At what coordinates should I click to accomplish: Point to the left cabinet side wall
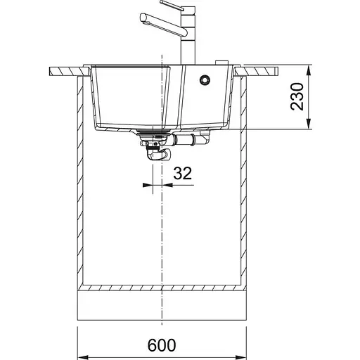[x=82, y=183]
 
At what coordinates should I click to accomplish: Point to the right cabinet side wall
[x=245, y=183]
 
